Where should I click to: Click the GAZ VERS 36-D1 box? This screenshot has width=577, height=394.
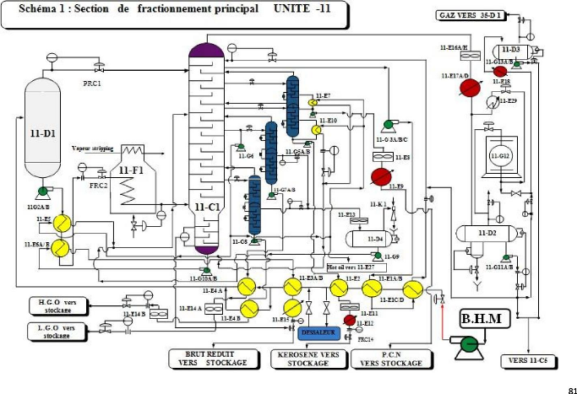(471, 16)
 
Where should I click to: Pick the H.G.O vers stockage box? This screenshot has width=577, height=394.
(56, 305)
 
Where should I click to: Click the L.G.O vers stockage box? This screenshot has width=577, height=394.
(56, 331)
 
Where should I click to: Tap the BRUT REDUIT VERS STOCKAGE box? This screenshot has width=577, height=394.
(212, 359)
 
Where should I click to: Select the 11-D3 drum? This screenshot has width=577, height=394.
(515, 51)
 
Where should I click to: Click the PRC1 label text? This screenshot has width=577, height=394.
(91, 84)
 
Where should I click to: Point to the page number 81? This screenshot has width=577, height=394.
(571, 388)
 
